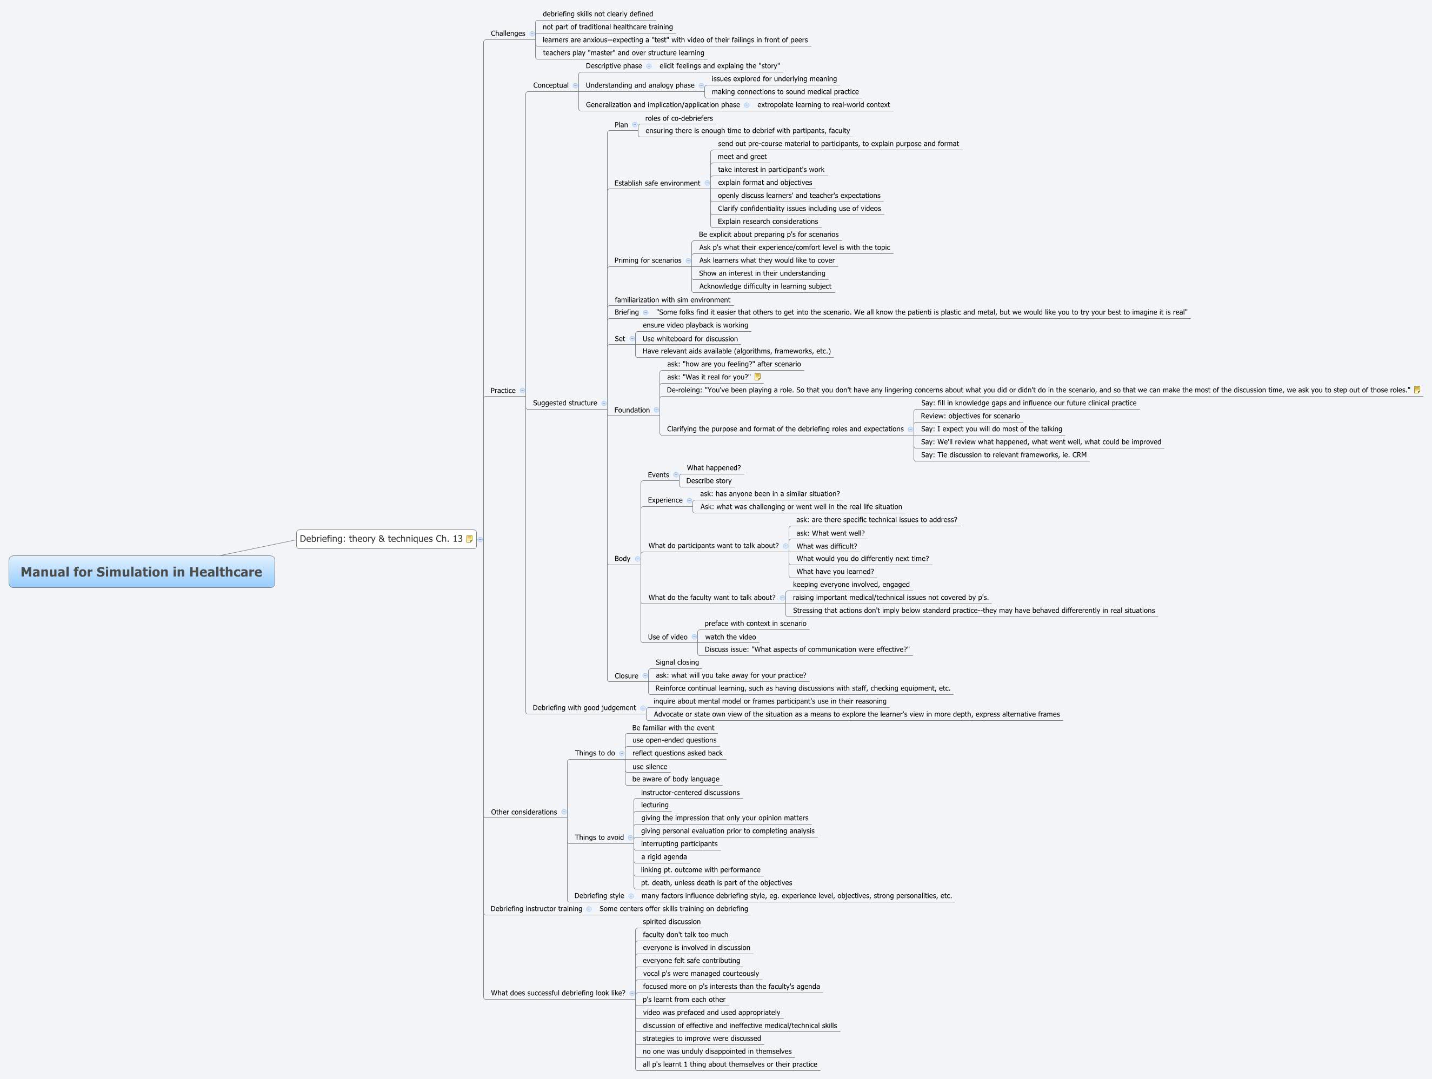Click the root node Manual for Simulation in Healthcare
coord(141,572)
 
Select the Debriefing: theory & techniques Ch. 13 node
coord(381,539)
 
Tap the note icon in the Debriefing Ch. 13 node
coord(469,539)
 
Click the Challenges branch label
coord(508,33)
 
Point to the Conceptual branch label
coord(550,85)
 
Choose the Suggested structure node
coord(564,403)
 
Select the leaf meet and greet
coord(742,157)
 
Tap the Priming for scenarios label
coord(648,260)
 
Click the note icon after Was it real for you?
coord(757,377)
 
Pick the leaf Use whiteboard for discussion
coord(689,339)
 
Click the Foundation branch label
coord(631,410)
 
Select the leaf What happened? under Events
coord(714,468)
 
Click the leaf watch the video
coord(730,637)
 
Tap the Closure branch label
coord(626,676)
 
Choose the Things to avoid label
coord(599,837)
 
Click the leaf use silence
coord(649,767)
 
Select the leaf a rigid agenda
coord(663,857)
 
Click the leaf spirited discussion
coord(671,922)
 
